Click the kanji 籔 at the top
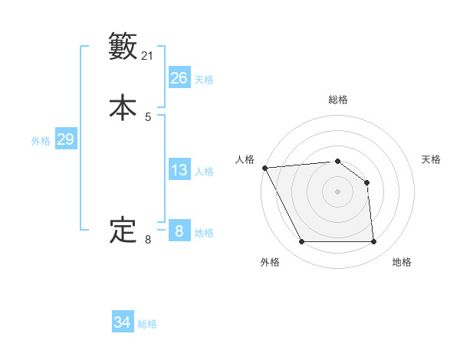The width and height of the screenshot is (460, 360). (x=123, y=47)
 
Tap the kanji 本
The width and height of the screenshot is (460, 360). (x=123, y=107)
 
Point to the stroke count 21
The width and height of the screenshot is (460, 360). (x=148, y=56)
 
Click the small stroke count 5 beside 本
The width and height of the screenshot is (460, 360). (x=148, y=117)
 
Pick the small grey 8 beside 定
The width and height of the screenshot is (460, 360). (x=148, y=240)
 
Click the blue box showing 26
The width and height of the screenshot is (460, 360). (x=179, y=78)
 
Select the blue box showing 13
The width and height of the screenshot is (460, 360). (x=179, y=170)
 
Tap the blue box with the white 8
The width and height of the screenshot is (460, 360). (x=179, y=231)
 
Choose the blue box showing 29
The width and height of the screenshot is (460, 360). (x=65, y=139)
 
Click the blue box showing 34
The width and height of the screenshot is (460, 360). (x=123, y=323)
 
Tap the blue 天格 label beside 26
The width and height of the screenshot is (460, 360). (x=204, y=80)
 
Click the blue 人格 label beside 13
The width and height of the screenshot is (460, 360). (x=204, y=172)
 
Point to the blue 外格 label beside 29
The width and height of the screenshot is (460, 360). (x=41, y=141)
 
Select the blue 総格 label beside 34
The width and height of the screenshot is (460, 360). (x=148, y=325)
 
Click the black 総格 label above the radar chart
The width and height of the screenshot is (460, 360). (x=338, y=100)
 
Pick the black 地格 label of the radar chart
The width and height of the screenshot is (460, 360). (x=402, y=263)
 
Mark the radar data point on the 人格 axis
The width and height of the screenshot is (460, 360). (x=264, y=168)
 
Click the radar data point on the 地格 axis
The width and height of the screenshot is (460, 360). (x=374, y=242)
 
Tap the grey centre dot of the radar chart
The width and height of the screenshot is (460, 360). (x=338, y=191)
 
